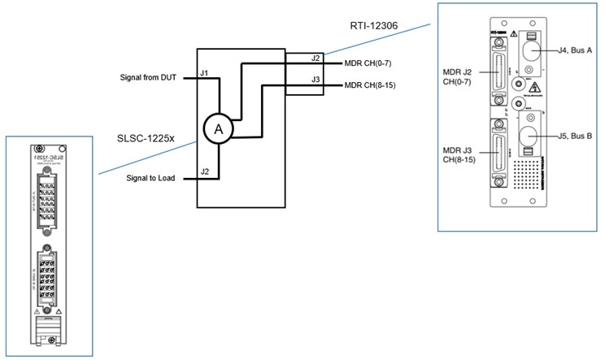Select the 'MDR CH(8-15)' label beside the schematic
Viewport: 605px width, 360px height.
click(371, 85)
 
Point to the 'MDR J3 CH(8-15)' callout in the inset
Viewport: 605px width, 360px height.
click(462, 154)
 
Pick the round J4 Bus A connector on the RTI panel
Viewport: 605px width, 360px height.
click(530, 53)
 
